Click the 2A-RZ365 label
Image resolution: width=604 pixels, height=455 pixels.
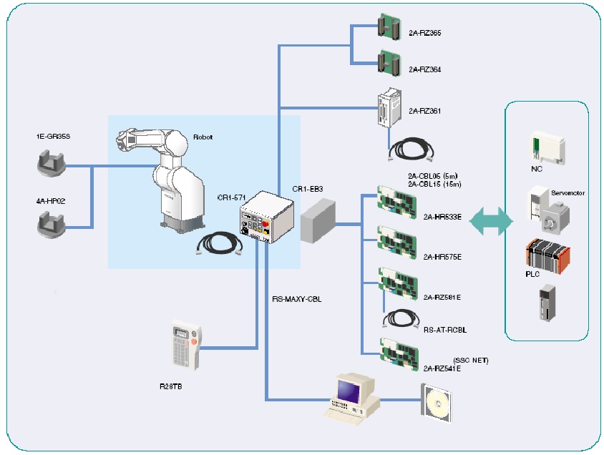point(425,33)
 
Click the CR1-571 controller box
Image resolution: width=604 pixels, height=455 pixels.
point(266,218)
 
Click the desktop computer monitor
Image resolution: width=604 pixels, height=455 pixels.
point(349,391)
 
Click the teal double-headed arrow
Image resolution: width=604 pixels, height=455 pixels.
point(491,222)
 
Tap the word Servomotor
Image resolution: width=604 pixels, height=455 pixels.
point(568,193)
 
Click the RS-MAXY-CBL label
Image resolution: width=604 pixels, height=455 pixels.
point(296,298)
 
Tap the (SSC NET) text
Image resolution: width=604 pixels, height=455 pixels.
point(471,360)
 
